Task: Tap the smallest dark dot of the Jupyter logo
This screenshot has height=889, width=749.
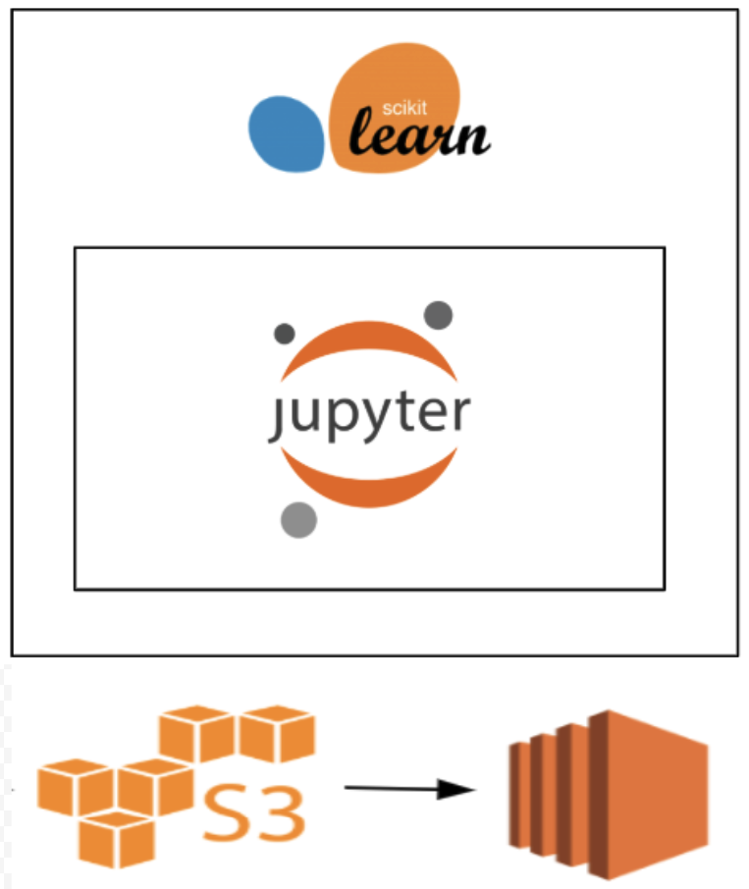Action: [x=285, y=334]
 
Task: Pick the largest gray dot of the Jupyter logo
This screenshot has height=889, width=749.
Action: [x=298, y=520]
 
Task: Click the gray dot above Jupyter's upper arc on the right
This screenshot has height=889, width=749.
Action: [x=438, y=315]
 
